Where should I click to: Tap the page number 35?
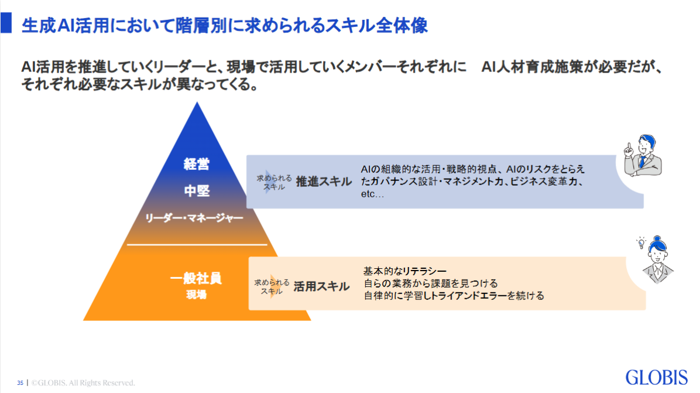click(x=20, y=383)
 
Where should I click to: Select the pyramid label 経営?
click(x=197, y=165)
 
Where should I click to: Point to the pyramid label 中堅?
click(x=197, y=191)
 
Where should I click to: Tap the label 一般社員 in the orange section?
click(x=196, y=279)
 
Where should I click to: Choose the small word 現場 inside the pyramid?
click(x=196, y=295)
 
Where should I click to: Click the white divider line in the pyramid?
click(x=197, y=244)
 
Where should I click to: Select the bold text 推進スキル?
click(x=324, y=182)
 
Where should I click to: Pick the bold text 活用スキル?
click(x=321, y=286)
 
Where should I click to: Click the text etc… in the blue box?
click(x=372, y=194)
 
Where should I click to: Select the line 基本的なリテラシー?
click(x=405, y=271)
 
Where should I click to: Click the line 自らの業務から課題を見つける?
click(x=430, y=283)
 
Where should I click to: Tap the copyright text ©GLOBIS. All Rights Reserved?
click(x=83, y=383)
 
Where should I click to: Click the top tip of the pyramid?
click(x=198, y=104)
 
